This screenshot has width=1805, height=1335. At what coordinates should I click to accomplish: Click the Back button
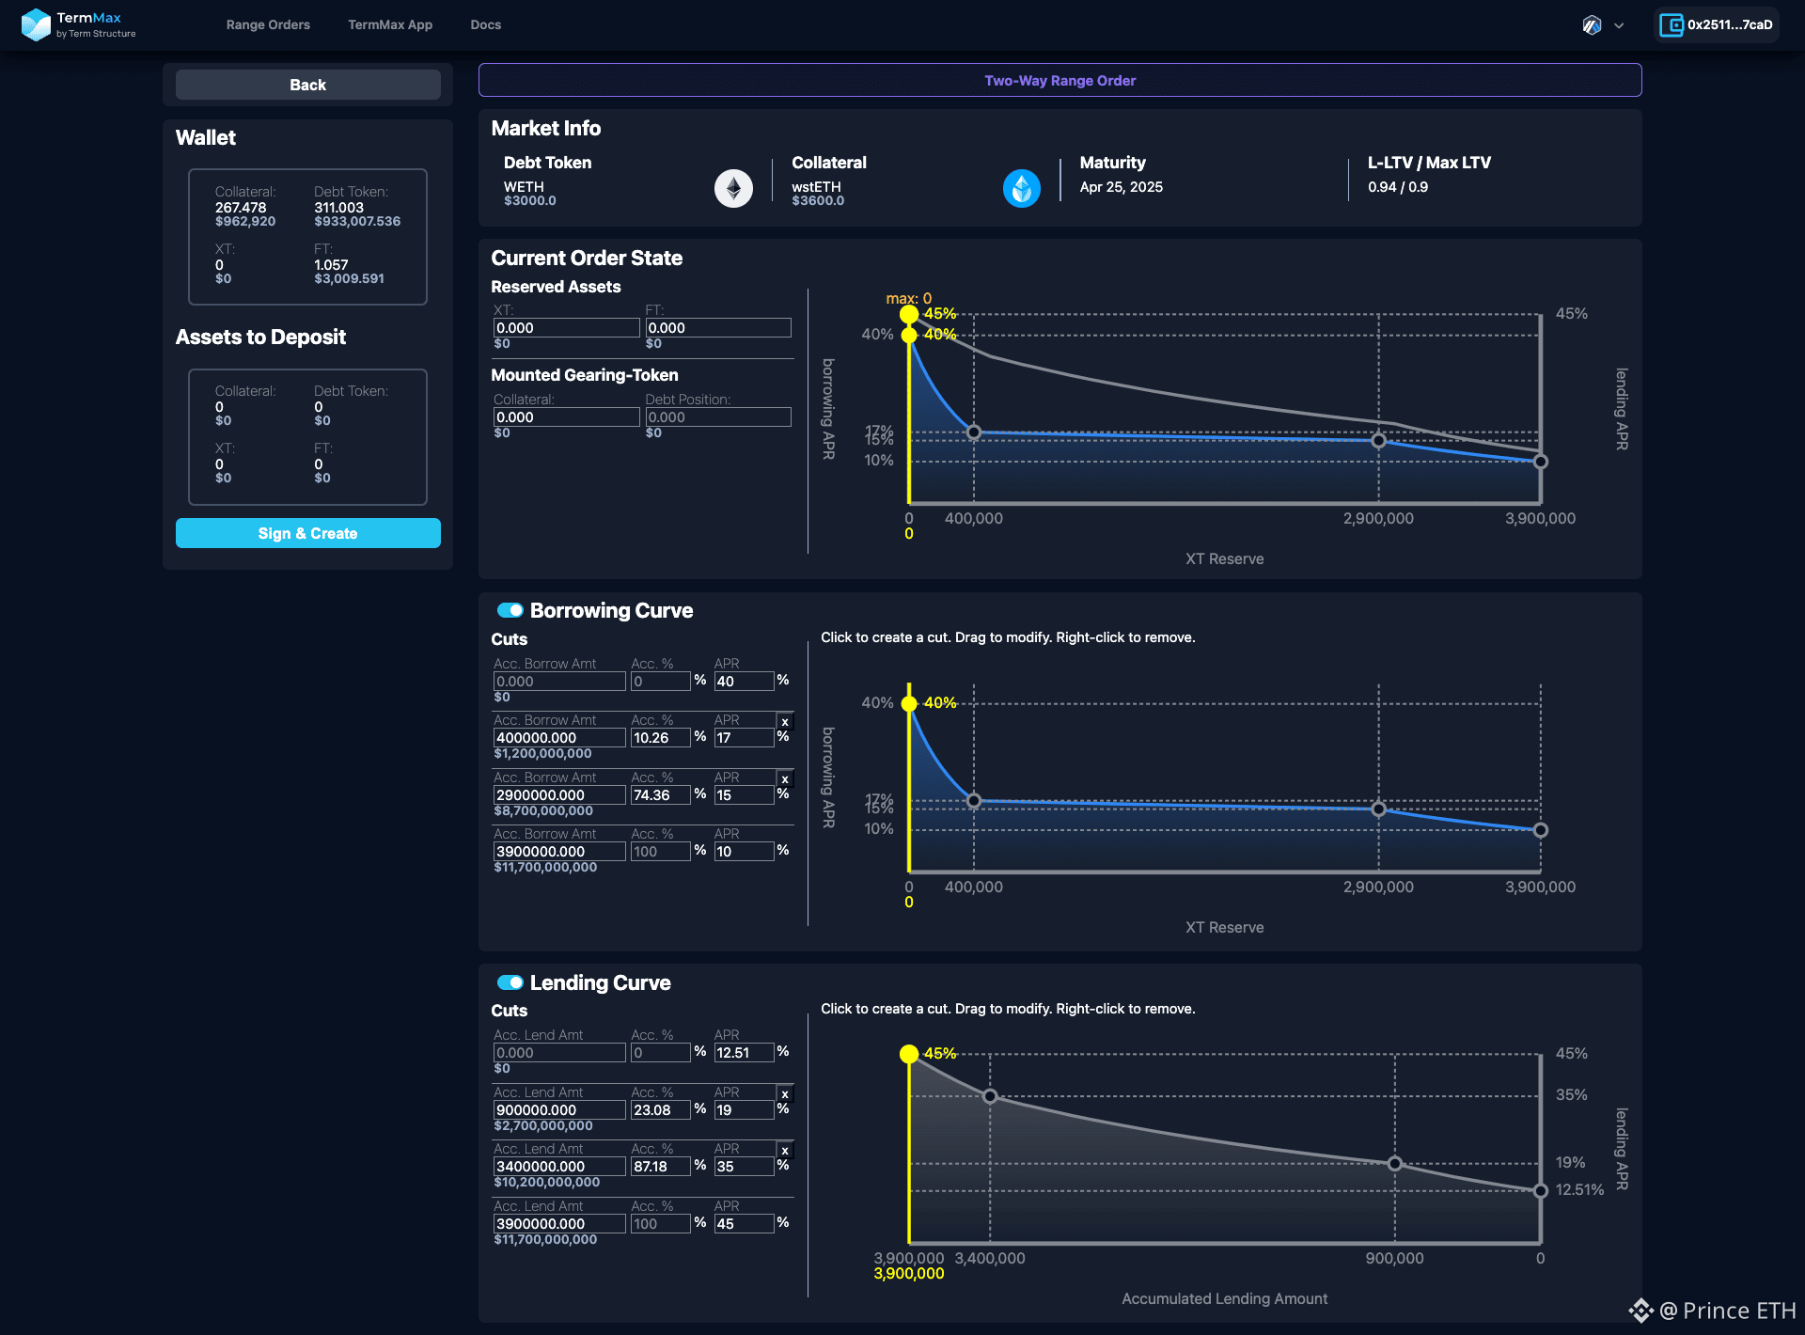[307, 85]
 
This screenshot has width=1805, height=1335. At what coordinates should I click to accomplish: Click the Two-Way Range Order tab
[1059, 80]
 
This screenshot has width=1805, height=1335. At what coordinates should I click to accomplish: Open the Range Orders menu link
[268, 24]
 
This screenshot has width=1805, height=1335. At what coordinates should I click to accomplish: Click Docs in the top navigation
[485, 24]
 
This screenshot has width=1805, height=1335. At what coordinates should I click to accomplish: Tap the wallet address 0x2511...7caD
[1729, 24]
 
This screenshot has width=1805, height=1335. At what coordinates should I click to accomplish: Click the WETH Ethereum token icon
[733, 188]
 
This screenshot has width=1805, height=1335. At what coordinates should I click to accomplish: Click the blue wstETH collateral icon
[1021, 188]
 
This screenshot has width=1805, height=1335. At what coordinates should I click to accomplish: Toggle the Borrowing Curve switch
[510, 610]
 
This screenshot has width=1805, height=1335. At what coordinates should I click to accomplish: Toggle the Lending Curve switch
[510, 982]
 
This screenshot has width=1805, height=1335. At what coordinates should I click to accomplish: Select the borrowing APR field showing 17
[744, 738]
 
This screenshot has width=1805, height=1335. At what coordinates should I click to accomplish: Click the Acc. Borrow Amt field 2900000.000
[559, 795]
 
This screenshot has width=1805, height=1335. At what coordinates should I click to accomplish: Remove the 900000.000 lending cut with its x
[785, 1094]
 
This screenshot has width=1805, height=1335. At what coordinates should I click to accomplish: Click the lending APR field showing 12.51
[744, 1053]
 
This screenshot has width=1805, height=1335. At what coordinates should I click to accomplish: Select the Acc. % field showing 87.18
[660, 1167]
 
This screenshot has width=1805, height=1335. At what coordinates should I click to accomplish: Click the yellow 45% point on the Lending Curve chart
[909, 1054]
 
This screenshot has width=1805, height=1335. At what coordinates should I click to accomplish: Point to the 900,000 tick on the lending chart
[1394, 1258]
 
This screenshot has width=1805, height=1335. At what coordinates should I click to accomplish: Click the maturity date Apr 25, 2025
[1121, 187]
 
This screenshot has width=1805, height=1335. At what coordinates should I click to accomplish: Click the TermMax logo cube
[36, 24]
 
